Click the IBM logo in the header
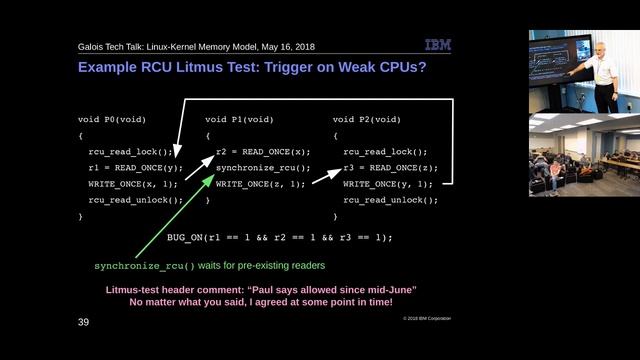438,45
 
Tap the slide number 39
84,324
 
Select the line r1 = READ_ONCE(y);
136,167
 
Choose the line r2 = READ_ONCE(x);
263,151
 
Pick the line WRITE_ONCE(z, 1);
261,183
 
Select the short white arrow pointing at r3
326,175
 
